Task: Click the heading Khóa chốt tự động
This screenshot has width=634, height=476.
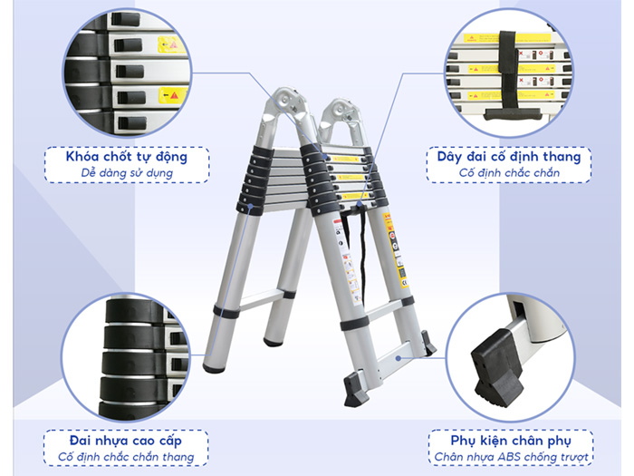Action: (x=127, y=157)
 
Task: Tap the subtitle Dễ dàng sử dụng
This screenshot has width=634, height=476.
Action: (x=127, y=172)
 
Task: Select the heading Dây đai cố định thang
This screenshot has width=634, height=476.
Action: (x=508, y=157)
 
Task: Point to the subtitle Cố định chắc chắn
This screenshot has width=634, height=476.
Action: (x=508, y=172)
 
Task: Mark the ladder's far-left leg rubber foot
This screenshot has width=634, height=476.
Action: (x=214, y=367)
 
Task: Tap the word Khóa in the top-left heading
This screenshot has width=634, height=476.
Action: (x=82, y=157)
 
